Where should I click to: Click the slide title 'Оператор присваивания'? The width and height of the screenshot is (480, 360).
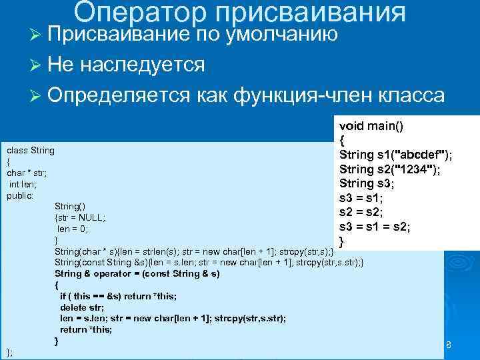coord(239,11)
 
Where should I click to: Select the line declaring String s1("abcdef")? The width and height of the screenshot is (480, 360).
coord(396,155)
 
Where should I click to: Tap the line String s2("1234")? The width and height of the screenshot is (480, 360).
coord(389,169)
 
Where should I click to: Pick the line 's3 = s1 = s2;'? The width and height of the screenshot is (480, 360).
coord(375,227)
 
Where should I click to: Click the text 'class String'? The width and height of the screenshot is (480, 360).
coord(31,150)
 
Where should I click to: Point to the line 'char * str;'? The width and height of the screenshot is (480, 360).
coord(25,173)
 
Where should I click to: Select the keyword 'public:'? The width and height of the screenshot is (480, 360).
coord(20,195)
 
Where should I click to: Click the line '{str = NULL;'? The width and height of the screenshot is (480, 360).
coord(80,217)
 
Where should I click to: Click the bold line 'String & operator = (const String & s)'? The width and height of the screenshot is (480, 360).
coord(137,273)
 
